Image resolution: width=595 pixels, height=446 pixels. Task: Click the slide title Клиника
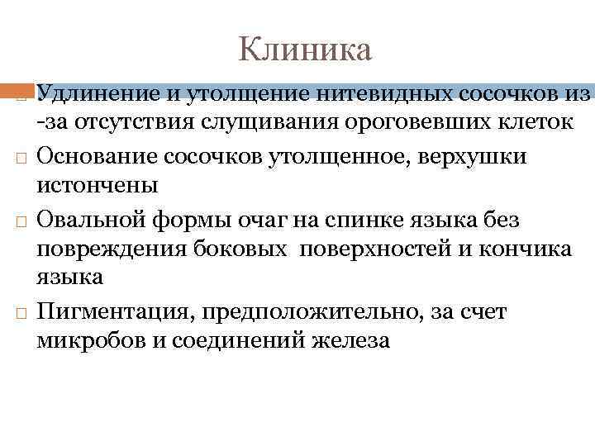(x=305, y=50)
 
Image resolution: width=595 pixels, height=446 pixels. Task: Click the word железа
(x=345, y=341)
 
